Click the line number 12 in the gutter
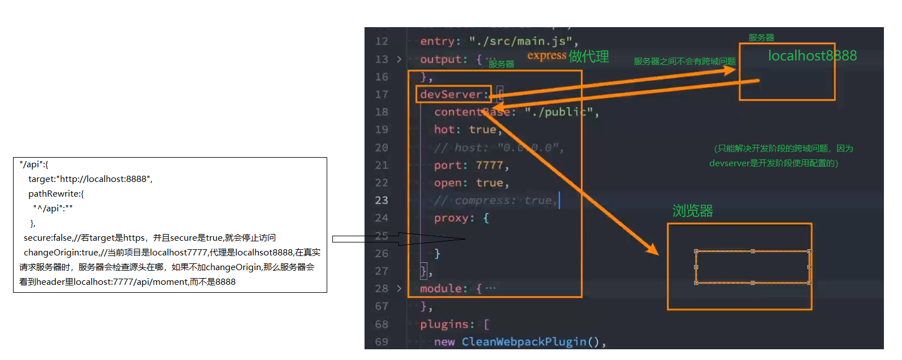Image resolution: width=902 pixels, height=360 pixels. coord(381,41)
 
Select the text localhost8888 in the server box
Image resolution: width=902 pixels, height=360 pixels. coord(812,56)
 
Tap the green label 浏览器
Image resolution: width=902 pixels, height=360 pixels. coord(692,211)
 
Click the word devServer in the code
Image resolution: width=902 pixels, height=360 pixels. coord(451,94)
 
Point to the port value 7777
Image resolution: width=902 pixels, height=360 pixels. coord(489,166)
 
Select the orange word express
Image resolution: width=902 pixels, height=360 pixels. coord(547,55)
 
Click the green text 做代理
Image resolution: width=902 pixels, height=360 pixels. coord(589,57)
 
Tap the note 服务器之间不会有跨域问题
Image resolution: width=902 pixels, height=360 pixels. coord(684,62)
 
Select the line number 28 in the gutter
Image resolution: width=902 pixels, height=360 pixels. coord(381,289)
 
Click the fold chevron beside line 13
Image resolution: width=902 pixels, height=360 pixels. coord(399,59)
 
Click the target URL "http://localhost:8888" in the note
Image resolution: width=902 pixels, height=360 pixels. coord(103,179)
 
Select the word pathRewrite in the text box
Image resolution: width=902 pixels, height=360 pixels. coord(54,194)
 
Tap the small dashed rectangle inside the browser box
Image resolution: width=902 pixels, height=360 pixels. coord(752,267)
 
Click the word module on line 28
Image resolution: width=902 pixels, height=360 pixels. coord(443,289)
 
